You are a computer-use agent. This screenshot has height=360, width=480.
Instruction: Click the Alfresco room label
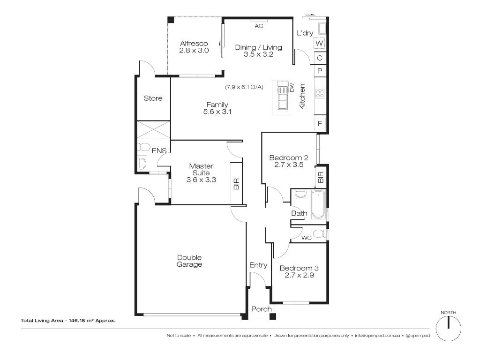[x=194, y=44]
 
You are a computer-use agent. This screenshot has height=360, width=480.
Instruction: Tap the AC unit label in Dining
[x=259, y=26]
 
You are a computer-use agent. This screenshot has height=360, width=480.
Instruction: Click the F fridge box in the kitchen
[x=320, y=124]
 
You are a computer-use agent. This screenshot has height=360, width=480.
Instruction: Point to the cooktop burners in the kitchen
[x=320, y=93]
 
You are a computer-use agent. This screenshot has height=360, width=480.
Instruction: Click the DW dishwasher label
[x=291, y=87]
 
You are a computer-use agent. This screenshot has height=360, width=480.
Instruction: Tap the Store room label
[x=153, y=98]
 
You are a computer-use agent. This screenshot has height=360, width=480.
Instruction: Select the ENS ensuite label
[x=159, y=150]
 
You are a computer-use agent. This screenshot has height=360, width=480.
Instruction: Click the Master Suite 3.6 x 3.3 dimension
[x=201, y=179]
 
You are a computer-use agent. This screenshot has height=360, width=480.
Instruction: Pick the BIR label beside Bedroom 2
[x=321, y=177]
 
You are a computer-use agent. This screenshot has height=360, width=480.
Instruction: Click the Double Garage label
[x=189, y=261]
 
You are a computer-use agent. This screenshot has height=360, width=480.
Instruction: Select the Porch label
[x=261, y=309]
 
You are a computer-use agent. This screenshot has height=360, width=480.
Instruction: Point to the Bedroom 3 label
[x=299, y=268]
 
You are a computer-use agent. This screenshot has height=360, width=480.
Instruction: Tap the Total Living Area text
[x=68, y=321]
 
